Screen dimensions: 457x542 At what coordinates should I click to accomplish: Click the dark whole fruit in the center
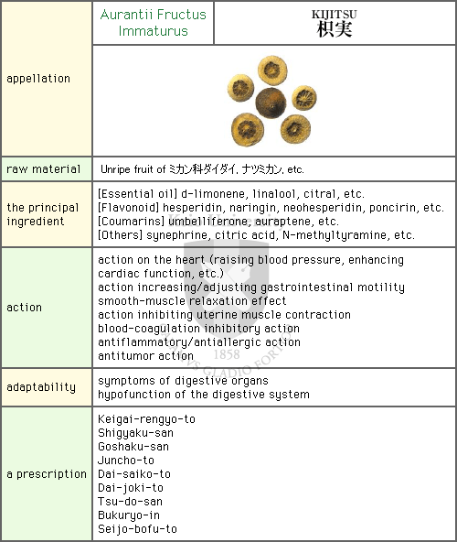271,103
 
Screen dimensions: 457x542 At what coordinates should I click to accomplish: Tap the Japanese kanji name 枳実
335,29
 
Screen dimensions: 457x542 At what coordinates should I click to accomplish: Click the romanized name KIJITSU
335,14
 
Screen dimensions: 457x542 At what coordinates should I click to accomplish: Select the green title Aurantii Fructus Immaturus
154,23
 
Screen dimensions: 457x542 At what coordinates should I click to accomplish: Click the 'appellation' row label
38,79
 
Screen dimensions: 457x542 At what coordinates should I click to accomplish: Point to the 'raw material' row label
44,169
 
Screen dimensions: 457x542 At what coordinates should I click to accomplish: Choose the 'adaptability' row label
41,387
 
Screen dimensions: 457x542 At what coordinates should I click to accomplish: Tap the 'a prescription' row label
47,474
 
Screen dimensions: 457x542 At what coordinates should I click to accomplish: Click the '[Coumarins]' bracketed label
132,222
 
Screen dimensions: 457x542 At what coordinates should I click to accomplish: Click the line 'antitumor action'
145,355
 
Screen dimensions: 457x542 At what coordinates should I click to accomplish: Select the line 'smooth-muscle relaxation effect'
192,300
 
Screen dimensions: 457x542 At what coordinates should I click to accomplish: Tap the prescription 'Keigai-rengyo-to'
146,419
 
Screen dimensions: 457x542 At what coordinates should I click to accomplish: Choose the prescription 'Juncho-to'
126,461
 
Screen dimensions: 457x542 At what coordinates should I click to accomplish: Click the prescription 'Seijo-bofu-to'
137,529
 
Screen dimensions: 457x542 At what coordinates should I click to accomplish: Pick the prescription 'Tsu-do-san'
130,501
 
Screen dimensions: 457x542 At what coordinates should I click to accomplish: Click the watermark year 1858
227,354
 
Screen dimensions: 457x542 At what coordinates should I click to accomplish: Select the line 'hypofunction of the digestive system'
204,395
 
